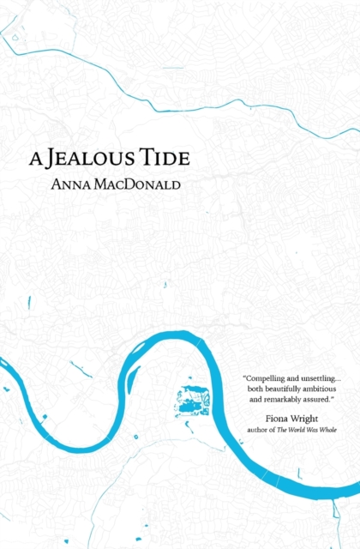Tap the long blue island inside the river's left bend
pyautogui.click(x=132, y=379)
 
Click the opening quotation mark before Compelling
pyautogui.click(x=245, y=376)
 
